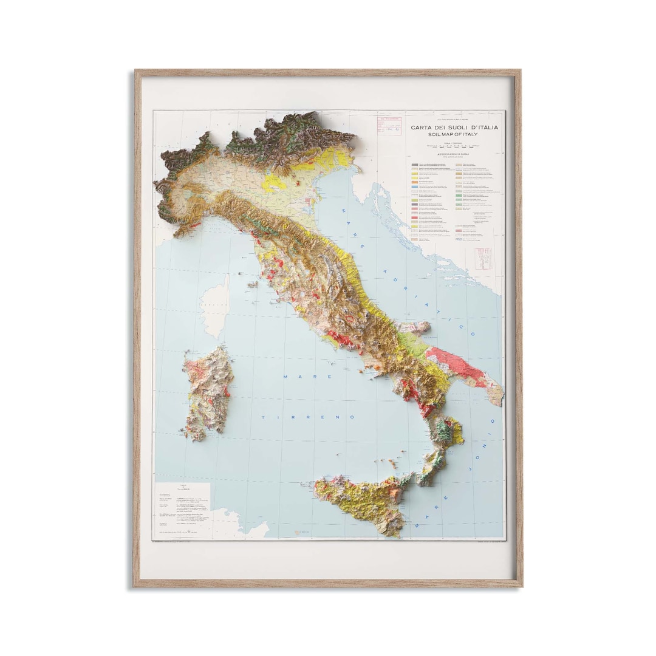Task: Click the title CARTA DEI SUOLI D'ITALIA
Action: pos(454,127)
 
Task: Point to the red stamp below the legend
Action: pos(483,258)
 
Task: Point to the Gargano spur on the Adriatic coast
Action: pos(415,328)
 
